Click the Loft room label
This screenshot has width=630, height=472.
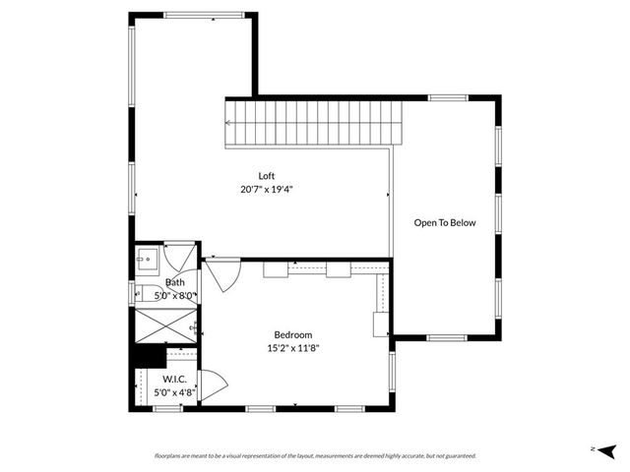[267, 176]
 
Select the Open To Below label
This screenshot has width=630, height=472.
[445, 223]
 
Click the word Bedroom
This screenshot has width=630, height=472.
[293, 334]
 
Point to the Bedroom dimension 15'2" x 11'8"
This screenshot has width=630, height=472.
[293, 347]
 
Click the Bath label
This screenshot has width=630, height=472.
[174, 282]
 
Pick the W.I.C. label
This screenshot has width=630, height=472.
[175, 379]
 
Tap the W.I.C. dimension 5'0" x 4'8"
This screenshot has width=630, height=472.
[175, 391]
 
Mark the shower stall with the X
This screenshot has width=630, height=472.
[164, 324]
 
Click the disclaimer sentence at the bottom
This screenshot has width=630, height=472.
[315, 455]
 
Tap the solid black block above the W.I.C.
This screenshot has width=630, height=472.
[149, 356]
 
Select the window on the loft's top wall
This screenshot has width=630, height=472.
[193, 15]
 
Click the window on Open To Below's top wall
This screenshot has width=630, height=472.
[447, 97]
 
